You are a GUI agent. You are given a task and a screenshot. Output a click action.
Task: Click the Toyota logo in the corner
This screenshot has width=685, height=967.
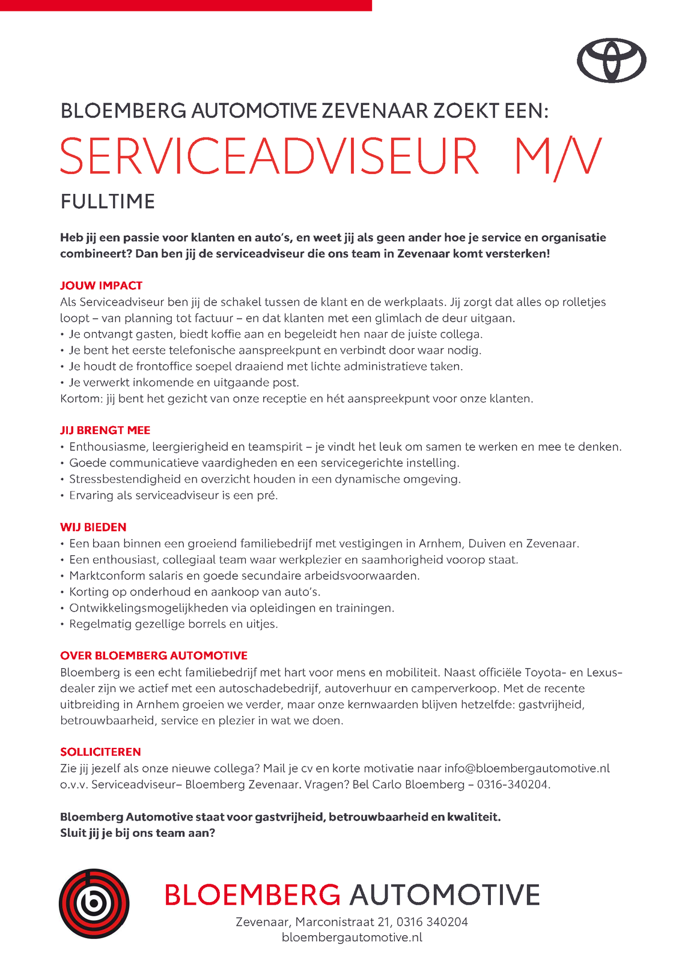[611, 60]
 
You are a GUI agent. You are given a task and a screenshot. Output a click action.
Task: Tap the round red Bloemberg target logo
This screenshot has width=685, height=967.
[94, 903]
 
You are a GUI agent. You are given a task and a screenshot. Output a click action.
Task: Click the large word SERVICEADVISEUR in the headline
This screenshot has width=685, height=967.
[269, 157]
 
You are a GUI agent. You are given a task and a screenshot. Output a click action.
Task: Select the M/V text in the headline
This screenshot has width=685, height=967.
[557, 157]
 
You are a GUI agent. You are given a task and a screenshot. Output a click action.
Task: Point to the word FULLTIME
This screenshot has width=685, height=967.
[108, 202]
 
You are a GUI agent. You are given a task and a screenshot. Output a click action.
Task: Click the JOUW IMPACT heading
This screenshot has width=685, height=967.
[101, 286]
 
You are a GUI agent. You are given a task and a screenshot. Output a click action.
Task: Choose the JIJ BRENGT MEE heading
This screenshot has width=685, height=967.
[105, 430]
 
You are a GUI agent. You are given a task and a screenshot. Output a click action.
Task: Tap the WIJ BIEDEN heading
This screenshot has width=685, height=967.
[93, 528]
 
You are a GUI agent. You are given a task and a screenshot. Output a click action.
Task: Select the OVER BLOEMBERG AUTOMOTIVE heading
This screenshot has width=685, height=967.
[154, 656]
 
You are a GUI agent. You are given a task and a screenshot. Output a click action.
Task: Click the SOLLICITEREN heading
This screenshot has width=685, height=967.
[100, 752]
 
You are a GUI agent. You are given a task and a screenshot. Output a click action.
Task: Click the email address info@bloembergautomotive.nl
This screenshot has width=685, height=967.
[527, 768]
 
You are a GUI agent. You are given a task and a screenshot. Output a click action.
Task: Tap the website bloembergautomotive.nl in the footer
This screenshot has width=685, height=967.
[352, 938]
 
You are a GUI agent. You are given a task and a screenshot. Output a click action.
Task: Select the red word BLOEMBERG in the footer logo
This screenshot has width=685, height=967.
[252, 895]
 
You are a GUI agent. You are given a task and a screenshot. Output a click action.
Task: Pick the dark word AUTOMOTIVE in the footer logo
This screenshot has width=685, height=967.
[445, 895]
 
